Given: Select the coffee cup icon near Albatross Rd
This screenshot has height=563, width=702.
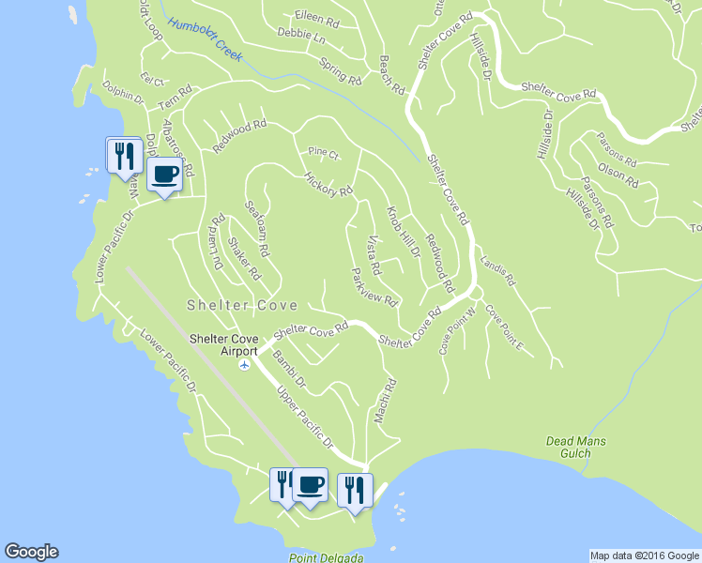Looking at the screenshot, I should (164, 175).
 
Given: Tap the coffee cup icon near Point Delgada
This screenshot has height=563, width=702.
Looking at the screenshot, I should (310, 485).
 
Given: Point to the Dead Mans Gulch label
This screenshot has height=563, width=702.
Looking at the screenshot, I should (576, 448).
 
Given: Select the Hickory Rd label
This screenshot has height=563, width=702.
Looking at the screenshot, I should (328, 184).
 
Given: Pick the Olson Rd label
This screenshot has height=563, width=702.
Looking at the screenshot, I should (618, 173).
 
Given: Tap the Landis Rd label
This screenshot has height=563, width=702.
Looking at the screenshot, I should (497, 269).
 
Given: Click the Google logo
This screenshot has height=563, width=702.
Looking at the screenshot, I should (31, 552).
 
